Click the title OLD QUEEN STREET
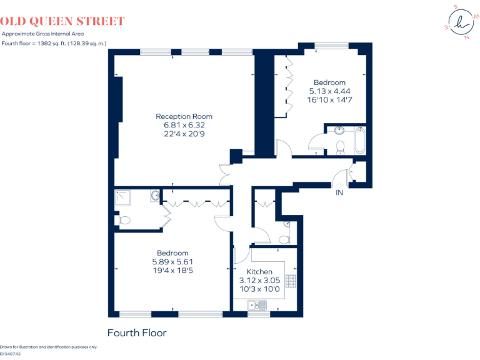[x=63, y=22]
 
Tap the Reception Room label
[x=184, y=116]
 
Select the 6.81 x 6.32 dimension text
[x=184, y=125]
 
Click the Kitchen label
[x=259, y=272]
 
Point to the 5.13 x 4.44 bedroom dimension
[x=329, y=91]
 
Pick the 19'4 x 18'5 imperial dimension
[x=173, y=271]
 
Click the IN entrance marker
[x=339, y=192]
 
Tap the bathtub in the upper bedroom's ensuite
[x=359, y=140]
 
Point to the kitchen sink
[x=257, y=305]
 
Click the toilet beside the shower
[x=124, y=220]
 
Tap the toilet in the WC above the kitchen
[x=284, y=239]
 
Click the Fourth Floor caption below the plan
[x=137, y=332]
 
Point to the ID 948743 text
[x=11, y=354]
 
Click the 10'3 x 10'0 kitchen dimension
[x=259, y=289]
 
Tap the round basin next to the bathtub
[x=339, y=131]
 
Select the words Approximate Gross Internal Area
[x=42, y=34]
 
